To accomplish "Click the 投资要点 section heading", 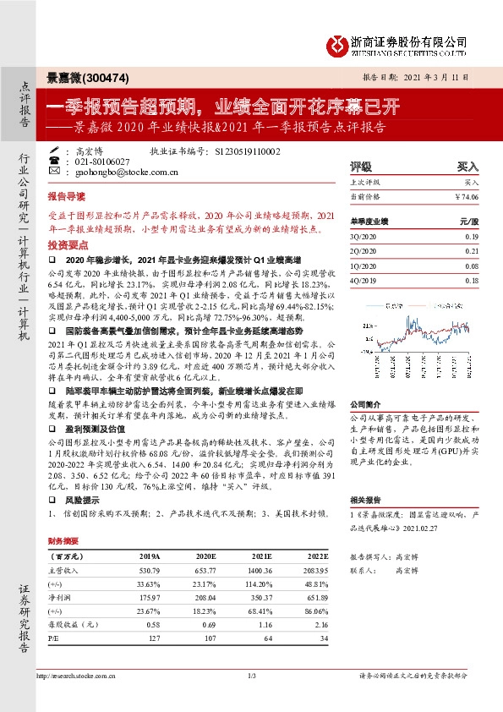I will click(x=67, y=243).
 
